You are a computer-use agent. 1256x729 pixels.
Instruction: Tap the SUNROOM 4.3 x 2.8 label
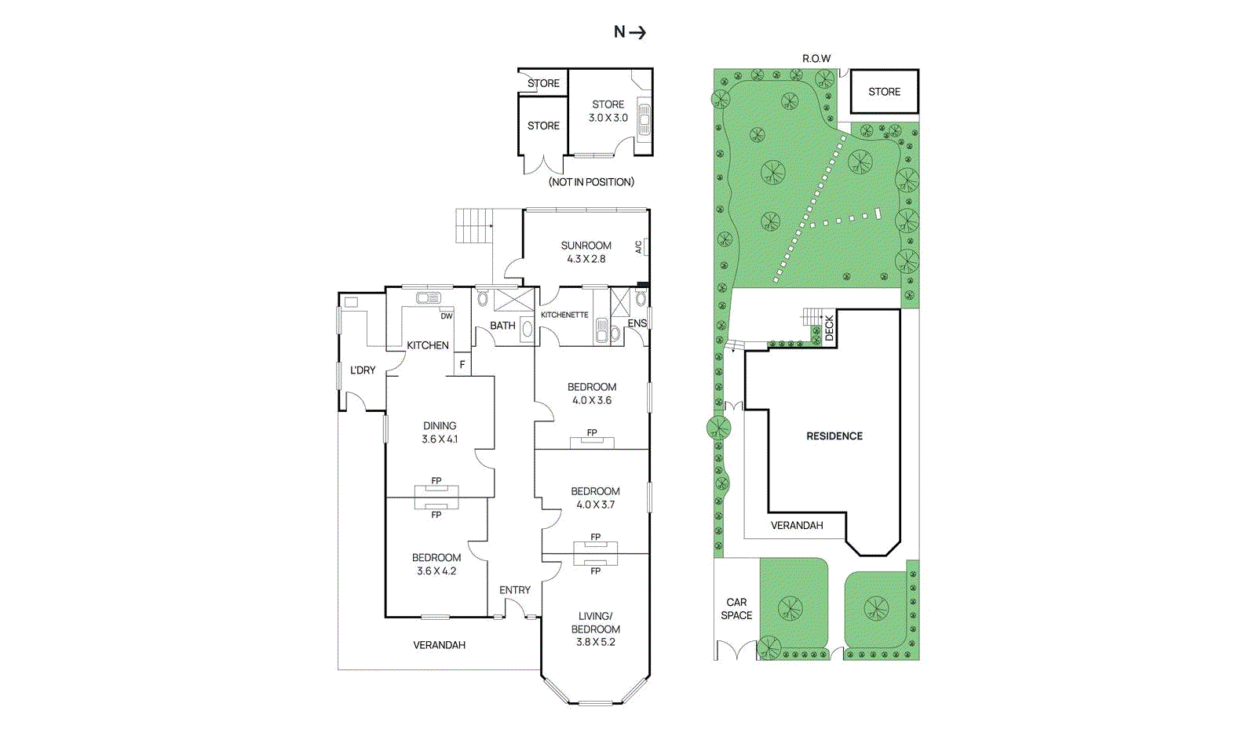click(x=586, y=252)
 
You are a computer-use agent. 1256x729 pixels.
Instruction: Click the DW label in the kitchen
click(x=446, y=316)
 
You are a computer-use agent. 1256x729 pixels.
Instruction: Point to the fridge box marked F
click(x=462, y=364)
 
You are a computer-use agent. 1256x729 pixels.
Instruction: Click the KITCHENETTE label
click(x=564, y=315)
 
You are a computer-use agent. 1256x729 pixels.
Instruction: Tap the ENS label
click(x=637, y=323)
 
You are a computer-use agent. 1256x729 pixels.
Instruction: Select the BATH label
click(x=502, y=326)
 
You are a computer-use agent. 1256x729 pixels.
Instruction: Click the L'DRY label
click(x=363, y=370)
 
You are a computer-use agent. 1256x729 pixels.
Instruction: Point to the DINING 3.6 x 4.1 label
click(x=440, y=432)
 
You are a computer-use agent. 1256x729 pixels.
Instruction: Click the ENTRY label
click(x=515, y=590)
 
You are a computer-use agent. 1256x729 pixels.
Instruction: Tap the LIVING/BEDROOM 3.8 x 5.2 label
click(x=595, y=629)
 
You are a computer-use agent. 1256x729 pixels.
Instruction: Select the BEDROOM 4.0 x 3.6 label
click(x=592, y=393)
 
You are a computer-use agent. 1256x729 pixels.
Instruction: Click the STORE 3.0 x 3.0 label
click(x=608, y=111)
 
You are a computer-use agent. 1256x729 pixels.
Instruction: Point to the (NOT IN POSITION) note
click(x=591, y=182)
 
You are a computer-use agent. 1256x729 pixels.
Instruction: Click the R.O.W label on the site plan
click(x=816, y=59)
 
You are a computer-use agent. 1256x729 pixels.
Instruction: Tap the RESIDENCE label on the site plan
click(x=834, y=436)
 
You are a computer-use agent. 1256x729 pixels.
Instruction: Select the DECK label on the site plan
click(x=829, y=327)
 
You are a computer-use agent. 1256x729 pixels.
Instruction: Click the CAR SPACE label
click(x=736, y=609)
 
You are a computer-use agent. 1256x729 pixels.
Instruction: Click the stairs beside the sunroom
click(x=474, y=225)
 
